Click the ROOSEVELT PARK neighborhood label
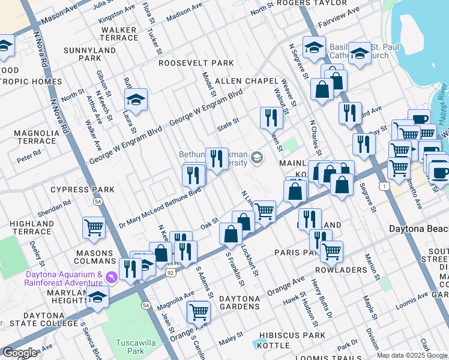coord(196,63)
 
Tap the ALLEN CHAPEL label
coord(247,81)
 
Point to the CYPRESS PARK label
coord(82,190)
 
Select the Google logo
coord(20,353)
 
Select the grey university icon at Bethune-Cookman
coord(257,157)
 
